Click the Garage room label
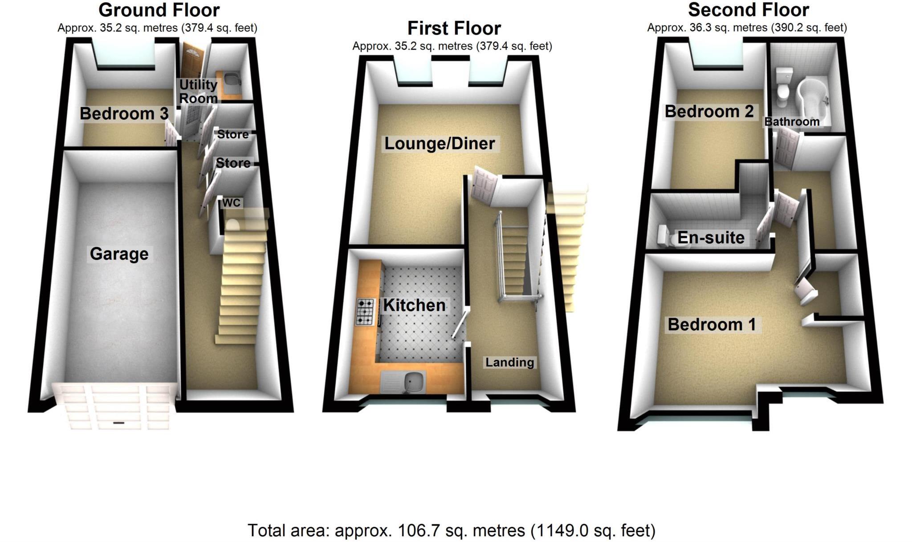pos(119,254)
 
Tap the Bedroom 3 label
pos(124,113)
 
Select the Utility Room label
pos(198,91)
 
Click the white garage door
pos(114,406)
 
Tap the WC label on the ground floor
pos(231,203)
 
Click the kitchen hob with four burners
pos(366,311)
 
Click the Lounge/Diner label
pos(440,143)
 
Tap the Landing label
pos(509,362)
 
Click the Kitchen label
pos(414,305)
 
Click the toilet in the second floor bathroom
pos(782,87)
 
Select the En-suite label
pos(711,238)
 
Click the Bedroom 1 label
pos(712,324)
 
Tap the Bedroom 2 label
pos(709,111)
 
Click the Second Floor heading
pos(748,10)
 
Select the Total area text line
pos(451,530)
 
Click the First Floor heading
pos(454,28)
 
